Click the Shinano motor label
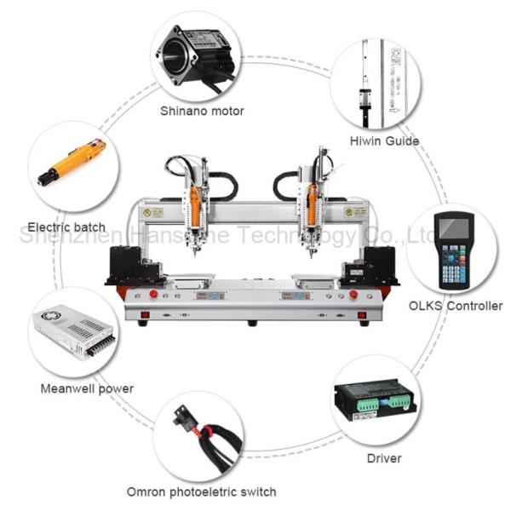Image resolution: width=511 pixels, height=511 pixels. point(203,111)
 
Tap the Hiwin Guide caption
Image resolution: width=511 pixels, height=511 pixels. point(383,141)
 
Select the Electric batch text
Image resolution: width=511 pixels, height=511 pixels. point(66,227)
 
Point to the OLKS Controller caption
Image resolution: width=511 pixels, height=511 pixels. point(456,306)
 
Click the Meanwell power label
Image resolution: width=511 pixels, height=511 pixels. point(87,389)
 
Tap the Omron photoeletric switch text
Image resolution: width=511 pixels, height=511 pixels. point(201,491)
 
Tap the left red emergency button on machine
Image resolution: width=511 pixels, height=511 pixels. point(154,295)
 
